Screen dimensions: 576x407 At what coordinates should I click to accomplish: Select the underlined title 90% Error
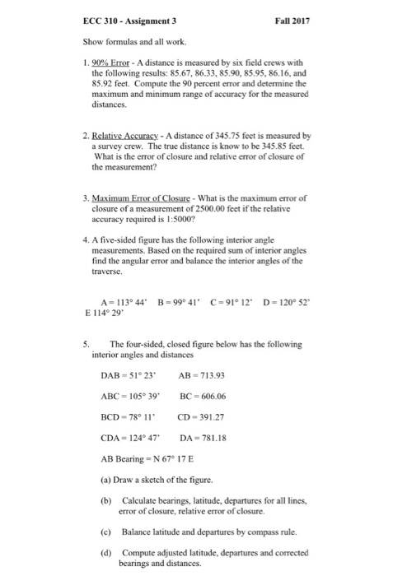tap(119, 63)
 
